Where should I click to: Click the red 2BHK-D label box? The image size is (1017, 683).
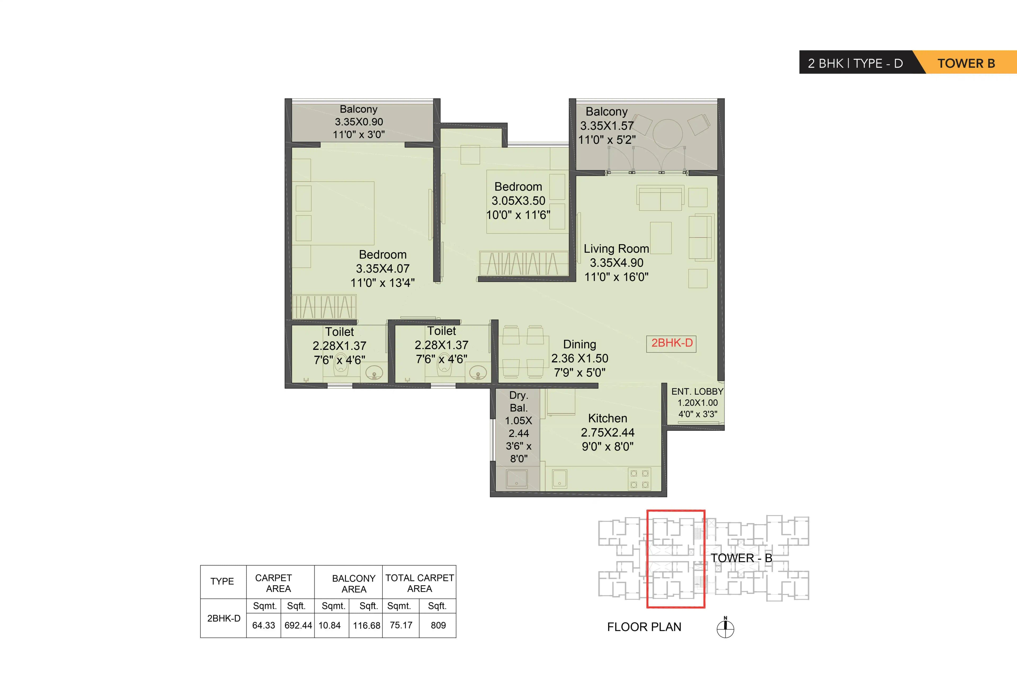point(671,343)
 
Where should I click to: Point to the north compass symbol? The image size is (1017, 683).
point(725,628)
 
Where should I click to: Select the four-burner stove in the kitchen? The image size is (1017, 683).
point(639,479)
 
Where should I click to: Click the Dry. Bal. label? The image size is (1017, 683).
point(518,401)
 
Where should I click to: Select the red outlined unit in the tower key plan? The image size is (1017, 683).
point(676,559)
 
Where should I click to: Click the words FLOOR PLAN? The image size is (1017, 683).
point(644,627)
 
